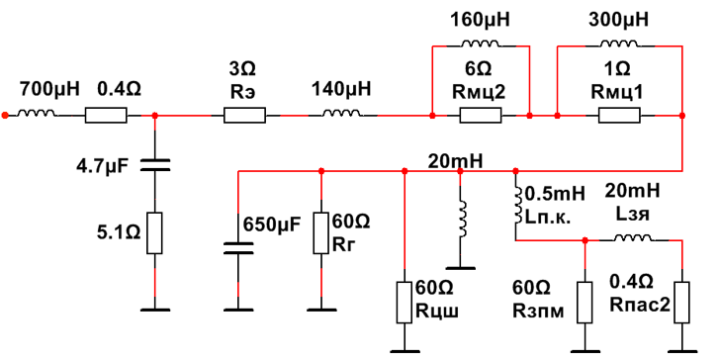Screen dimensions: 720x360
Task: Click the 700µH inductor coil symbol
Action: pyautogui.click(x=38, y=113)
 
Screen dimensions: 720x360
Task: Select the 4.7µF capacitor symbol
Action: pyautogui.click(x=154, y=165)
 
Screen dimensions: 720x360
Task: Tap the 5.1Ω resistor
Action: pyautogui.click(x=154, y=232)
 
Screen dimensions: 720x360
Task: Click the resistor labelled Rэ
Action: pyautogui.click(x=244, y=116)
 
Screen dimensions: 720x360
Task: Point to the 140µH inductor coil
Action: pyautogui.click(x=342, y=113)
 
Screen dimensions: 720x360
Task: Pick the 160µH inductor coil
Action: pyautogui.click(x=481, y=44)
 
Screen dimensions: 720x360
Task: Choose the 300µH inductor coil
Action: pyautogui.click(x=619, y=44)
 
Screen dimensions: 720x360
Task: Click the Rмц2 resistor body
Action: pyautogui.click(x=481, y=116)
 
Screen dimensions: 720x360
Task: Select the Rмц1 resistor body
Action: pyautogui.click(x=619, y=116)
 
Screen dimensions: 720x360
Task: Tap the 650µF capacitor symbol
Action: pyautogui.click(x=237, y=248)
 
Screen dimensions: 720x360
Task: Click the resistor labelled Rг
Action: pyautogui.click(x=321, y=232)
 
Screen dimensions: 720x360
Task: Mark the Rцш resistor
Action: pyautogui.click(x=405, y=303)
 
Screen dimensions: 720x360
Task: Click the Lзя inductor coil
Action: pyautogui.click(x=633, y=237)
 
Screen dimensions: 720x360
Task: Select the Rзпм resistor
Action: pyautogui.click(x=585, y=303)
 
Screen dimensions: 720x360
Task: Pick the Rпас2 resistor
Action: pyautogui.click(x=681, y=303)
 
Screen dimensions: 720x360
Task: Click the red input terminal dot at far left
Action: pyautogui.click(x=5, y=116)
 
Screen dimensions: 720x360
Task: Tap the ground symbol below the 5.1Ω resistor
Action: pyautogui.click(x=154, y=310)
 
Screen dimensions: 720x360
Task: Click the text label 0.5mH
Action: pyautogui.click(x=555, y=194)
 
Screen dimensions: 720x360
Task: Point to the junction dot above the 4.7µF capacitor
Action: pyautogui.click(x=154, y=116)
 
